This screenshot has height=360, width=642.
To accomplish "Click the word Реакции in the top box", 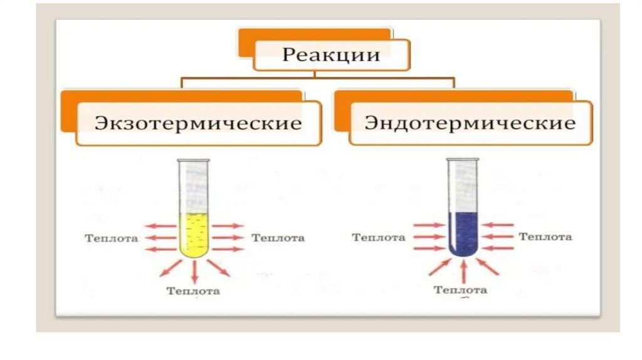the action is coord(331,55).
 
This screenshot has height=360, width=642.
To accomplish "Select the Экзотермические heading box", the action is coord(197,122).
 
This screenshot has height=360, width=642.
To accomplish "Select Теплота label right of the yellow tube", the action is coord(278,238).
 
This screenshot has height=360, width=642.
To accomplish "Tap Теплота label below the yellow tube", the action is coord(193,291).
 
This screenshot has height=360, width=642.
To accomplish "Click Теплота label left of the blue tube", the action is coord(379,238).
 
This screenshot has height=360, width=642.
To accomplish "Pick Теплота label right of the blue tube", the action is coord(545,237).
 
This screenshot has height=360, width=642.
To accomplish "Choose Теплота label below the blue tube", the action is coord(461,290).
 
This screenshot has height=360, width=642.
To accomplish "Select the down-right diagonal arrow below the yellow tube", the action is coord(219,267).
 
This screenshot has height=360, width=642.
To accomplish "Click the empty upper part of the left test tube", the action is coord(194,185).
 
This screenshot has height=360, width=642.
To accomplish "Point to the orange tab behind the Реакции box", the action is coord(313,34).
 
